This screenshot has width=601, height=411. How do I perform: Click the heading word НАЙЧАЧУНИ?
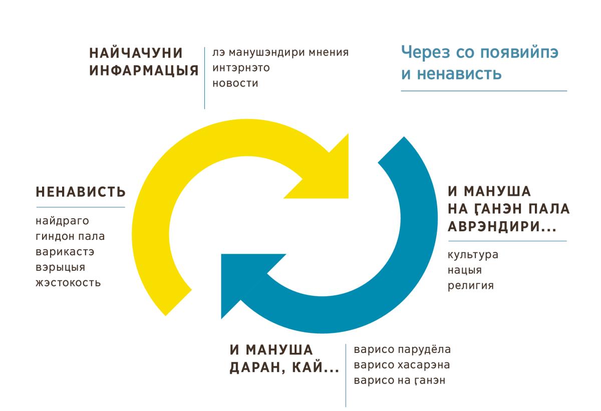pos(136,53)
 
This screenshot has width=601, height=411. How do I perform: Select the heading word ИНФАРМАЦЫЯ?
pos(144,71)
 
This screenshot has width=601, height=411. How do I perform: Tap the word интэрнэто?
pos(241,68)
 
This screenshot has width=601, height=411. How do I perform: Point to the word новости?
pos(235,84)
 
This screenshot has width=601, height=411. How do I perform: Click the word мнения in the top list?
pos(329,52)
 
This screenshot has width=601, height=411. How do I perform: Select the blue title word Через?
pos(426,52)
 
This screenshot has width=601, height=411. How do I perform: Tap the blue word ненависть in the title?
pos(459,74)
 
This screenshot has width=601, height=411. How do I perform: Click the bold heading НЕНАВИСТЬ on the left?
pos(81,192)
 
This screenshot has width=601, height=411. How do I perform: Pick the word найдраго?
pos(62,221)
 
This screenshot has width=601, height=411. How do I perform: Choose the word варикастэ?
pos(65,252)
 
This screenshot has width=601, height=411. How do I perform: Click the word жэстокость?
pos(68,283)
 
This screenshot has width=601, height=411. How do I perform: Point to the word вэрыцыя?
pos(61,267)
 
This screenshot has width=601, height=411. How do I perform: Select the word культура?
pos(473,255)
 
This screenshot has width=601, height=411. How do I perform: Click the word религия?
pos(471,286)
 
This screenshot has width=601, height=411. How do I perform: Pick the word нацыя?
pos(465,270)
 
